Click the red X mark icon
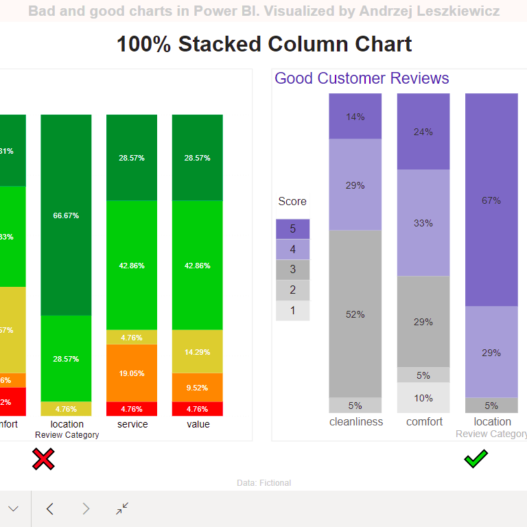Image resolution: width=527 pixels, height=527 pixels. [x=43, y=459]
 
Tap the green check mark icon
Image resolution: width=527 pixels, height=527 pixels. [x=476, y=458]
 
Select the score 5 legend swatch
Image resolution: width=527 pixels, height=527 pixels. [x=292, y=229]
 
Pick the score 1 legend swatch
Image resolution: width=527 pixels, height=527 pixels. [x=292, y=310]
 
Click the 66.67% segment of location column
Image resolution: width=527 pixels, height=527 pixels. [x=66, y=215]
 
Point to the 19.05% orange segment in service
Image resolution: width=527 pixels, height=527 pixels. [x=132, y=373]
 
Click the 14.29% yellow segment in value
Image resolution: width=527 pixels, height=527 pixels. [x=198, y=351]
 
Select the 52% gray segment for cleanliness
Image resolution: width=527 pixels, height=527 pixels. [x=355, y=314]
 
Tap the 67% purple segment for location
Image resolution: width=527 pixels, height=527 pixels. [x=491, y=200]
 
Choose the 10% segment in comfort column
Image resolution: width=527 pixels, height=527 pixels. [x=423, y=398]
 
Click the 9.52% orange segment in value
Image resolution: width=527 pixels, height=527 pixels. [x=198, y=387]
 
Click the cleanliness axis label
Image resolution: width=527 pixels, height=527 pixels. [x=356, y=421]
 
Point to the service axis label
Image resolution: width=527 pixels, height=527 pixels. [x=132, y=424]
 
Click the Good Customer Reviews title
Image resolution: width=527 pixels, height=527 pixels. [x=362, y=78]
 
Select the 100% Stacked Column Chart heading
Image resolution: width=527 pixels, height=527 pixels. [x=264, y=44]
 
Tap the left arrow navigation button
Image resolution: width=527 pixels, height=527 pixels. [x=49, y=508]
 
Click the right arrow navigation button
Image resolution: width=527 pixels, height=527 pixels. [x=86, y=508]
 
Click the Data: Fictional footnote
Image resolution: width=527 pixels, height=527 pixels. [x=263, y=483]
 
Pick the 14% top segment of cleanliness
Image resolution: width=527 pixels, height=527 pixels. [x=355, y=116]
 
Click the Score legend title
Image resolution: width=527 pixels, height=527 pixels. [x=292, y=202]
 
